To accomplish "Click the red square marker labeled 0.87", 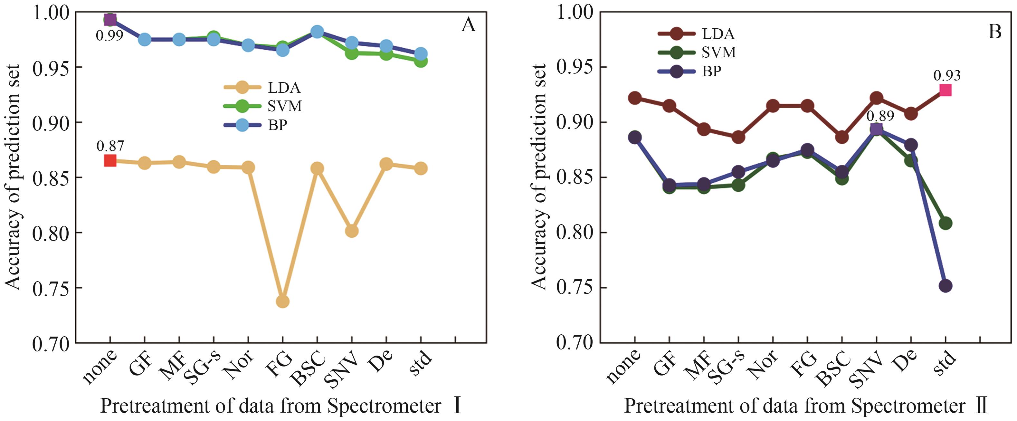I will (x=110, y=161).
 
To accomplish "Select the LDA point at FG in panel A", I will (x=283, y=301).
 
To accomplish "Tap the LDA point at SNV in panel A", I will (x=352, y=231).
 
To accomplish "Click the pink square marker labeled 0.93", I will (x=946, y=91).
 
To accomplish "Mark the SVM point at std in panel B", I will (x=946, y=223).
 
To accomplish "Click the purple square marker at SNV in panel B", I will (x=877, y=129).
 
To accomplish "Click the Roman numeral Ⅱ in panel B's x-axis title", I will (x=981, y=406).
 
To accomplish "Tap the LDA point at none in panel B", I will (x=635, y=98).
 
